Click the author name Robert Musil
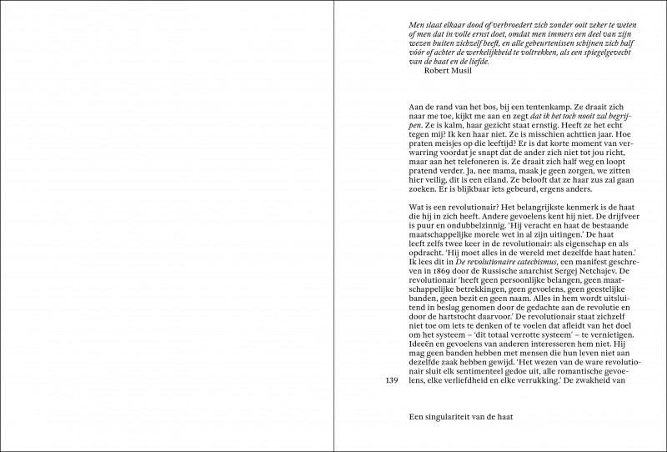pyautogui.click(x=448, y=70)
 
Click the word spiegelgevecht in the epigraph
pyautogui.click(x=594, y=51)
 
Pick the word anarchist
pyautogui.click(x=533, y=271)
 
